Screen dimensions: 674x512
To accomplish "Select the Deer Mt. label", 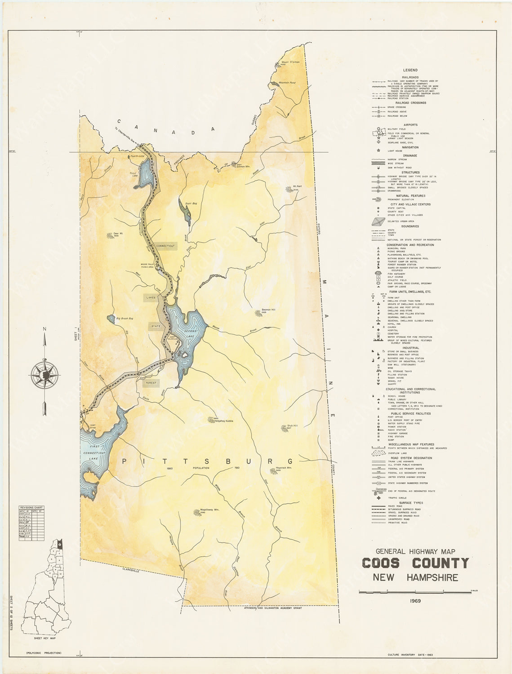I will pyautogui.click(x=118, y=233).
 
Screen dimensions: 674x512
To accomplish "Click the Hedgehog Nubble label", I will pyautogui.click(x=224, y=421).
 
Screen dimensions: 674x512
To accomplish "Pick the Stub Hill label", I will pyautogui.click(x=293, y=426).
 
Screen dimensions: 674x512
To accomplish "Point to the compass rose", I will pyautogui.click(x=45, y=374).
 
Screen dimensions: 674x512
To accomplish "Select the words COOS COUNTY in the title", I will pyautogui.click(x=415, y=563).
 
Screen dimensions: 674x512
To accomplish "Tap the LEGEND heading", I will pyautogui.click(x=410, y=70).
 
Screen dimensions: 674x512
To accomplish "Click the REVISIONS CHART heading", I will pyautogui.click(x=31, y=507).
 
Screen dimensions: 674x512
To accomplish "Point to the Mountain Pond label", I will pyautogui.click(x=287, y=83).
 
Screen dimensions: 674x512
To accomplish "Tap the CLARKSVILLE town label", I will pyautogui.click(x=131, y=570).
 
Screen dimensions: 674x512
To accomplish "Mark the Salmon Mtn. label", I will pyautogui.click(x=242, y=166).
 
